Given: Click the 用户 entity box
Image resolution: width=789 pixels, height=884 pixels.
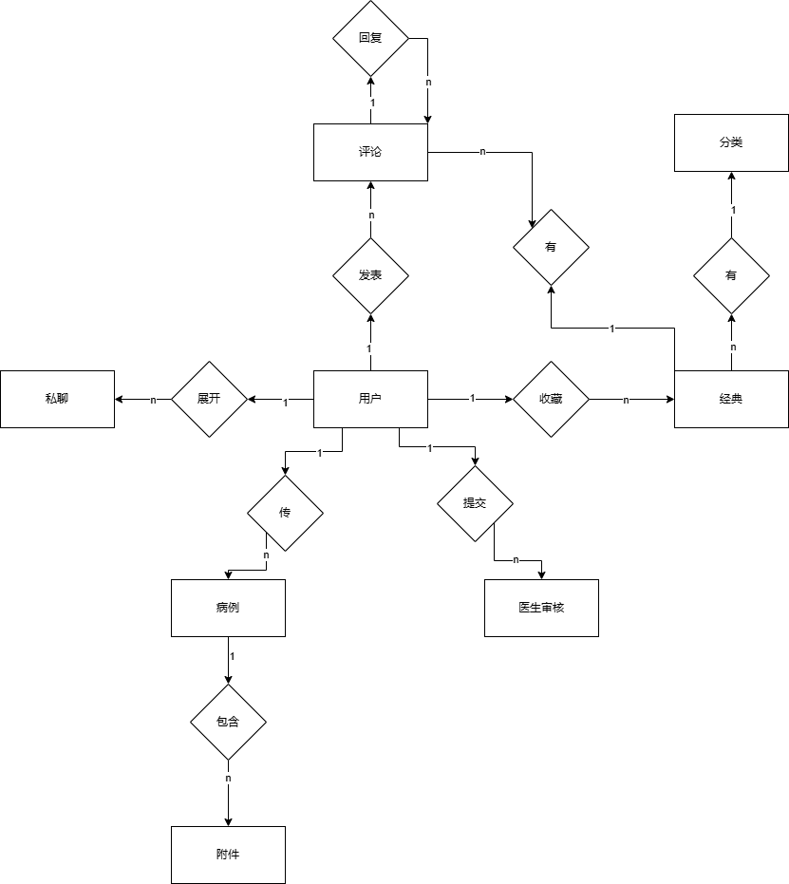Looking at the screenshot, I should tap(370, 399).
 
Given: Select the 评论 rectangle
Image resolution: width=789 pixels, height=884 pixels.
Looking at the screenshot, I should tap(370, 152).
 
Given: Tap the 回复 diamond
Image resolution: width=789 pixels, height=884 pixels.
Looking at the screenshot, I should tap(370, 39).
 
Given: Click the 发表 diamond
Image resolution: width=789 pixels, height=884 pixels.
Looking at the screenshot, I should tap(370, 276).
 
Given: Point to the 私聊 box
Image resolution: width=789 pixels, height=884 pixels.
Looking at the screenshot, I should tap(57, 399).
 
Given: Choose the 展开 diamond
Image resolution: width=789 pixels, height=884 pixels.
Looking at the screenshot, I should tap(209, 399).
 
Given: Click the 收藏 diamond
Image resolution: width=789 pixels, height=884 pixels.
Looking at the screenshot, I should tap(551, 399).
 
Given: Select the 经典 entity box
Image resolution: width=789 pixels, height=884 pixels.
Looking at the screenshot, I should tap(731, 399).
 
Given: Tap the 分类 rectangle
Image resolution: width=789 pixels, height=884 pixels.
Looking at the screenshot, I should tap(731, 143).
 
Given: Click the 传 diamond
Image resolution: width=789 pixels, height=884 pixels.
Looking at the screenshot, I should tap(285, 513).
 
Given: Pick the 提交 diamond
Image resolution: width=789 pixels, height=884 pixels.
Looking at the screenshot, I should tap(475, 503).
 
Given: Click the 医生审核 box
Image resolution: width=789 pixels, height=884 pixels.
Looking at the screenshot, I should tap(541, 608).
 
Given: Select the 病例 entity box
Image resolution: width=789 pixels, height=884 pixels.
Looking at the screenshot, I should tap(228, 608).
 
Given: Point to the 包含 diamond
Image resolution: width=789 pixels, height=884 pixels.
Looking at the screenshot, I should tap(228, 722).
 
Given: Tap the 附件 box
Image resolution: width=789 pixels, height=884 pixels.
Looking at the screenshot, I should tap(228, 855).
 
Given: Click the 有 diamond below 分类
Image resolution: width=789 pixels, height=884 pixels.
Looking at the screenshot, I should tap(731, 275).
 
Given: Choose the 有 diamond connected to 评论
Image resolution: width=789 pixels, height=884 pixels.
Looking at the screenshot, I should tap(551, 247).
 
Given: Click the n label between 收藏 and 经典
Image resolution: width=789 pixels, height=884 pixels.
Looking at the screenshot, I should tap(626, 400).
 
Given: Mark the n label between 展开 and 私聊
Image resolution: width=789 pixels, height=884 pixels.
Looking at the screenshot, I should tap(153, 400).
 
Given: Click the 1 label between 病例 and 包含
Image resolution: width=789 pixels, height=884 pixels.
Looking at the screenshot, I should tap(233, 656).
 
